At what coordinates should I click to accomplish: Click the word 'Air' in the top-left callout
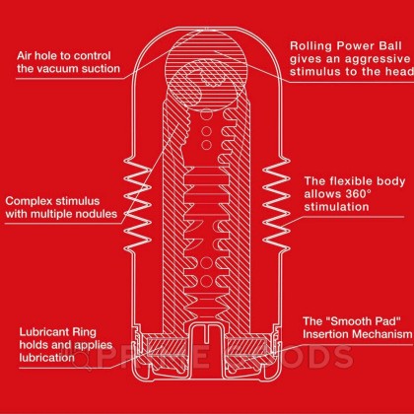pos(29,55)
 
